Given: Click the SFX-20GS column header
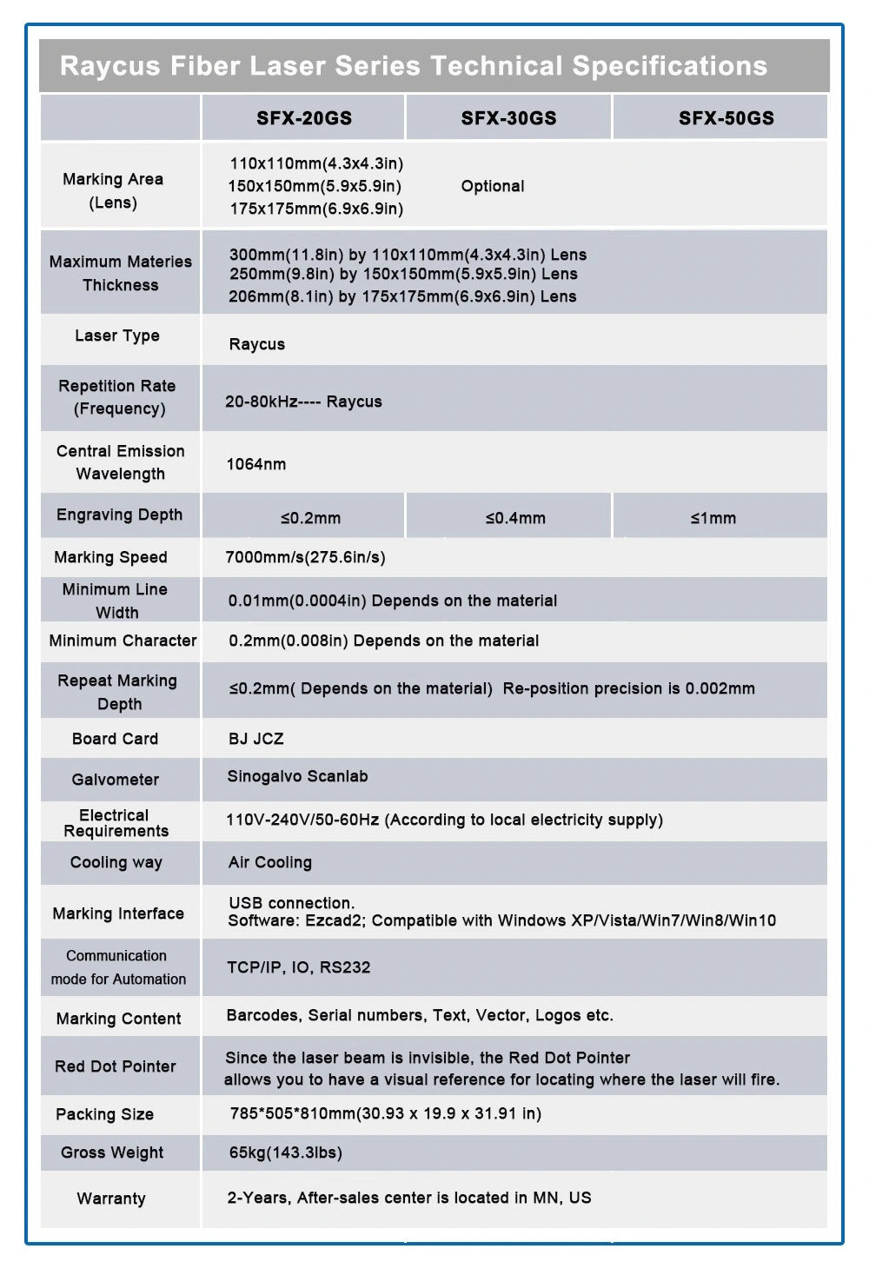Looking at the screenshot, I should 304,118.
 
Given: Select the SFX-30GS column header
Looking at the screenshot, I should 508,118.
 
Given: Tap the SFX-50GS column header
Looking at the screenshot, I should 726,118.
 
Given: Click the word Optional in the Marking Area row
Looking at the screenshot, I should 493,186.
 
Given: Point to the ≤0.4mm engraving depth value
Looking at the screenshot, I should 515,518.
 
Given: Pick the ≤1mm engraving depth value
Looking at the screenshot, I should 713,518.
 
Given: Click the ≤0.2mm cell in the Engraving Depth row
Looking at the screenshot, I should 310,518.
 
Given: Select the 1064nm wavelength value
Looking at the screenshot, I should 256,464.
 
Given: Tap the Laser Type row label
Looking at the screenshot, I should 117,335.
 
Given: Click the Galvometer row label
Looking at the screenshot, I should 116,780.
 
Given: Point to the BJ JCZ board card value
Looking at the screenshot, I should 256,739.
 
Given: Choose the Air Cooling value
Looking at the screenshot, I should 270,862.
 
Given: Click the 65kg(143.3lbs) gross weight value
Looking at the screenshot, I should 286,1152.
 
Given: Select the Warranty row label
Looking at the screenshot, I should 111,1199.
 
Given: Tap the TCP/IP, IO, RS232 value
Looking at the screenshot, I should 299,967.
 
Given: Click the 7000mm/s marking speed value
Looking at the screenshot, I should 305,557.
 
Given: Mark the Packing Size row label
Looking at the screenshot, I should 104,1114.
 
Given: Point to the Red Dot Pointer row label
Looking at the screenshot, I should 116,1066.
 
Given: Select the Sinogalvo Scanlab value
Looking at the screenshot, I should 297,776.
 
